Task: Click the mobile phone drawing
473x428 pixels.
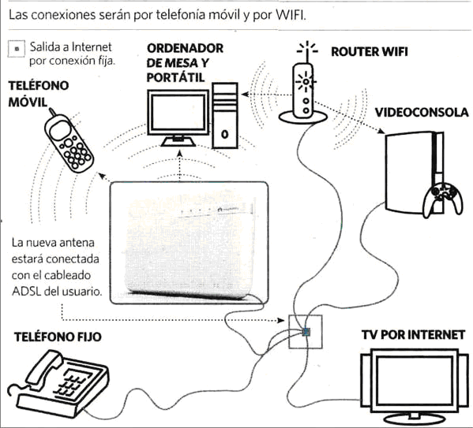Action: click(69, 142)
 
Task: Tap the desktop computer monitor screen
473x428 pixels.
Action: click(178, 112)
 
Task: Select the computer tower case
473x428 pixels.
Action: click(225, 116)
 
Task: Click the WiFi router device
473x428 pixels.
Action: click(303, 91)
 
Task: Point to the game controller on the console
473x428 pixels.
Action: click(442, 199)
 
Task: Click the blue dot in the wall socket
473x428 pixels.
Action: click(306, 332)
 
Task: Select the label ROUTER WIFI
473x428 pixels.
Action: click(370, 52)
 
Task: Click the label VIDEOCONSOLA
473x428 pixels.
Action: click(422, 113)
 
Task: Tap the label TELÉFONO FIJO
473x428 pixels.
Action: click(58, 337)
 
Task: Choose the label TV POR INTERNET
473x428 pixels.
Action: click(413, 335)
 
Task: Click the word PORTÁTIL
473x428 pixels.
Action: click(175, 78)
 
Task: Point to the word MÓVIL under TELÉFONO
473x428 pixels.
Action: click(28, 102)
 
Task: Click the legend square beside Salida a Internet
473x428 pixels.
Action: click(17, 49)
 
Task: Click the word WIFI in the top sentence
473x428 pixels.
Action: click(291, 15)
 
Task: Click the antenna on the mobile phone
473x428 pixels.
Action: click(52, 112)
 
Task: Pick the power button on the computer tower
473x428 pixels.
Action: click(224, 134)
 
